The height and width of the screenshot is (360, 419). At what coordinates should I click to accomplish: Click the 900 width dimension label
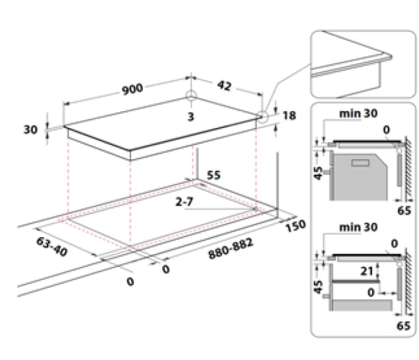pyautogui.click(x=132, y=89)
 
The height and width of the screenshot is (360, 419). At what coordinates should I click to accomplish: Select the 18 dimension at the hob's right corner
pyautogui.click(x=289, y=116)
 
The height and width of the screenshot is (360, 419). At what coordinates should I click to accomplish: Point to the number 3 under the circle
pyautogui.click(x=191, y=117)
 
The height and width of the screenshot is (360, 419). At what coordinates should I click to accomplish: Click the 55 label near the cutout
pyautogui.click(x=214, y=175)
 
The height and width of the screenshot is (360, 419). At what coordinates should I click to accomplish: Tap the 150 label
pyautogui.click(x=296, y=225)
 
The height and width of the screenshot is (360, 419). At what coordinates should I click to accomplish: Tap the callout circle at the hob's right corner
pyautogui.click(x=262, y=116)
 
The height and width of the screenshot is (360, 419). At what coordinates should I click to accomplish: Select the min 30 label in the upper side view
pyautogui.click(x=359, y=114)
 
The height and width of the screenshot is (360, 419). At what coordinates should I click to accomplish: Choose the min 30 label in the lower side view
pyautogui.click(x=359, y=227)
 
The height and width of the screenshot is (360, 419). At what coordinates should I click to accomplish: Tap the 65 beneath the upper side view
pyautogui.click(x=403, y=210)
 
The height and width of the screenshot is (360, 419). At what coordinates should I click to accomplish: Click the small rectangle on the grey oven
pyautogui.click(x=360, y=163)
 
